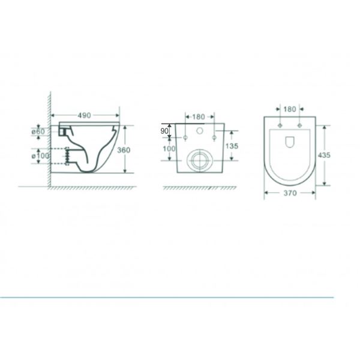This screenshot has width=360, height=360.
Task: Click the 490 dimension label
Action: (84, 115)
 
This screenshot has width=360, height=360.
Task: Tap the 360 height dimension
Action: (124, 150)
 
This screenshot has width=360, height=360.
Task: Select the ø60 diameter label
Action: (38, 132)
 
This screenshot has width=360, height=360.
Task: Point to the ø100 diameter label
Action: (40, 156)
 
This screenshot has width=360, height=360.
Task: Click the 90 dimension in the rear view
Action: (164, 131)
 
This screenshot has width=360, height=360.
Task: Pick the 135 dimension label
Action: (232, 146)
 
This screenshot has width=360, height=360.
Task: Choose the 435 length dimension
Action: (324, 155)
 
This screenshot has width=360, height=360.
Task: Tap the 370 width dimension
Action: (290, 193)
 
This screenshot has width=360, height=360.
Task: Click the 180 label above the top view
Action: (290, 109)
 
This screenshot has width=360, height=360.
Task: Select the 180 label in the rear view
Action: (199, 117)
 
